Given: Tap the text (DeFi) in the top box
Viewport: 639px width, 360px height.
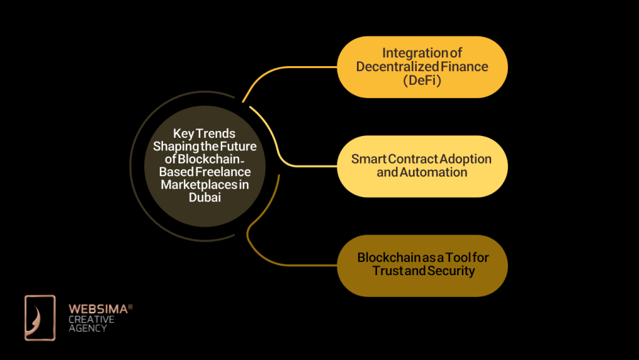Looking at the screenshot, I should (422, 80).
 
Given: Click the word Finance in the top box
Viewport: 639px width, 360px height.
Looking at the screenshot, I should (463, 67).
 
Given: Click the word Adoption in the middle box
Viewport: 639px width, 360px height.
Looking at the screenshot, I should (463, 158).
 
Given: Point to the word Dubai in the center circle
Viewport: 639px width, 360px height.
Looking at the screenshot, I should (205, 197).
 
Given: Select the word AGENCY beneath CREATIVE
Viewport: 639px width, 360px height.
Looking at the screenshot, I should (88, 328).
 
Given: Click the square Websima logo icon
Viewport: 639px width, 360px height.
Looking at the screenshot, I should (40, 318).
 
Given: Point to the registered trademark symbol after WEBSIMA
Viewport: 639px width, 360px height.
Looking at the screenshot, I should (130, 306).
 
